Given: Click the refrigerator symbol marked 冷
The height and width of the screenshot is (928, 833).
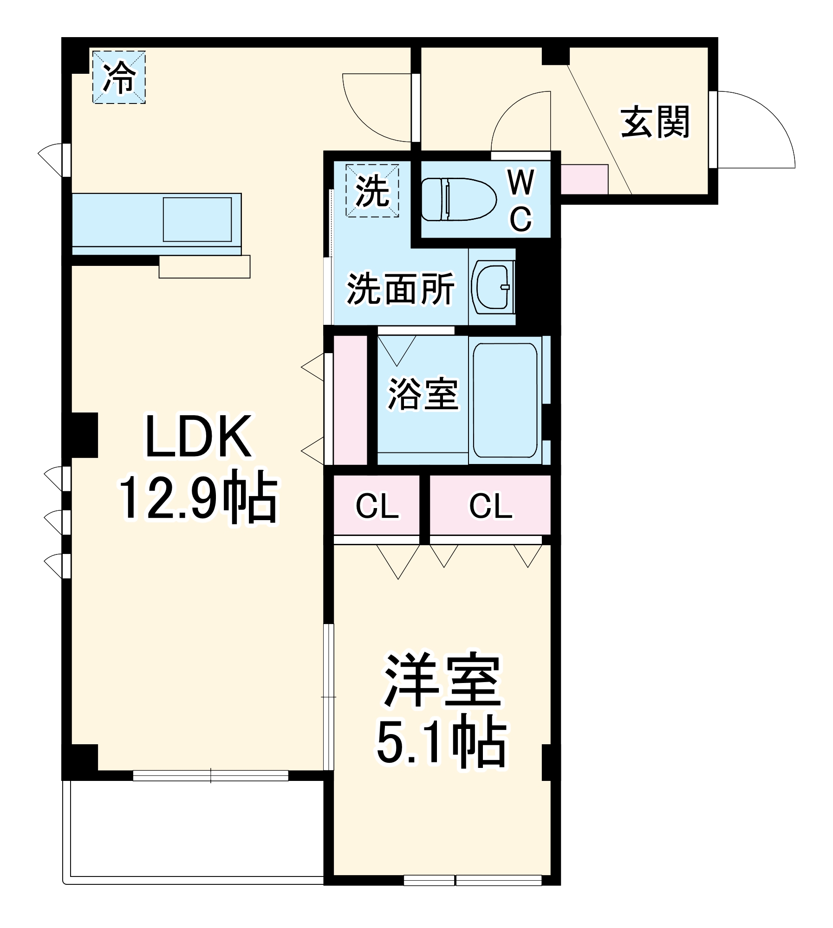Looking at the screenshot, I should pyautogui.click(x=119, y=77).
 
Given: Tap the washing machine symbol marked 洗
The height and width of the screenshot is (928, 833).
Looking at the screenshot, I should pyautogui.click(x=372, y=190).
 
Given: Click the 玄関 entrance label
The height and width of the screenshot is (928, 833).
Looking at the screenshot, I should pyautogui.click(x=655, y=122).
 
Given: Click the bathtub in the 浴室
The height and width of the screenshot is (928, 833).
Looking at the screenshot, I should pyautogui.click(x=505, y=400).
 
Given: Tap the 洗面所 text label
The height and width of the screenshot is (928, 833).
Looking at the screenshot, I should pyautogui.click(x=400, y=289).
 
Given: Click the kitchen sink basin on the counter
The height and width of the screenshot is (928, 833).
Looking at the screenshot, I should pyautogui.click(x=197, y=219).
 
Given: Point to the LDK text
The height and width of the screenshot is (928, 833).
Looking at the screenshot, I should pyautogui.click(x=199, y=436).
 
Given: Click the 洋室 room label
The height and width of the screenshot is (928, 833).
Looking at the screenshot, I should pyautogui.click(x=442, y=680).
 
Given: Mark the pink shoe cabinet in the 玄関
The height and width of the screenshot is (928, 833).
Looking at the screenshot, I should pyautogui.click(x=584, y=179).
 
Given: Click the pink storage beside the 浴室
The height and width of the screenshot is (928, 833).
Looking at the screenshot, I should pyautogui.click(x=350, y=400).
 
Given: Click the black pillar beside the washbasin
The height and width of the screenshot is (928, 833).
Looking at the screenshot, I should pyautogui.click(x=538, y=285).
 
